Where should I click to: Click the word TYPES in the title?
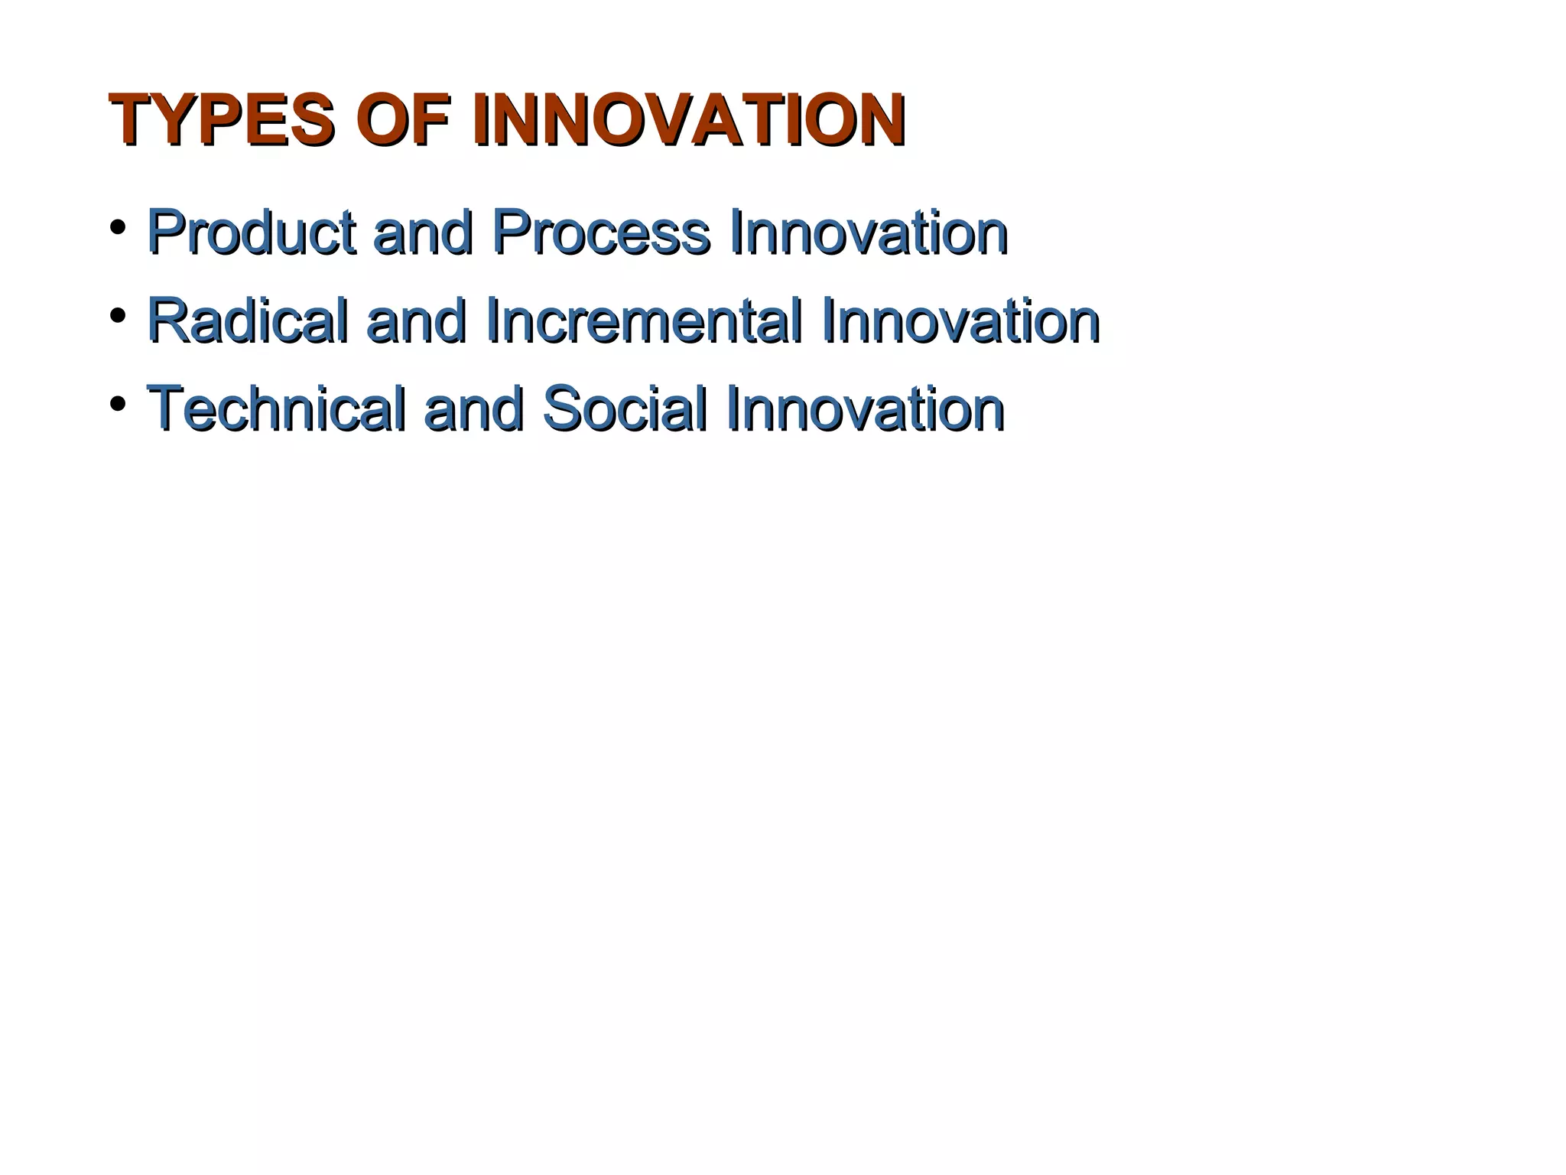point(222,120)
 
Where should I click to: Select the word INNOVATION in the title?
point(688,120)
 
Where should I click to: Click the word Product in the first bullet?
point(251,232)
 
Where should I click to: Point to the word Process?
point(601,232)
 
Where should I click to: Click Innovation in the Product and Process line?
point(869,232)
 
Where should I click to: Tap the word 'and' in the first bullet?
point(422,232)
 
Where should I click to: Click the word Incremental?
point(644,321)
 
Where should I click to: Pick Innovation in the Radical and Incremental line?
point(960,321)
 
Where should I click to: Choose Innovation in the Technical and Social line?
point(866,408)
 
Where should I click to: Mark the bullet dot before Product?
point(118,227)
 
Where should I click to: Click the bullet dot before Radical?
point(118,315)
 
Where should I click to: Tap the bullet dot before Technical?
point(118,403)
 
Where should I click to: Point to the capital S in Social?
point(563,408)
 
